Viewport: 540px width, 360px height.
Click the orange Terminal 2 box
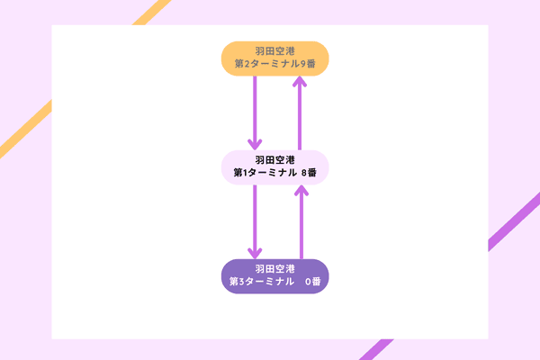pos(274,58)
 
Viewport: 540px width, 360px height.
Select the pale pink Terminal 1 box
pos(274,167)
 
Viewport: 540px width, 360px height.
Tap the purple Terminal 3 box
pos(274,275)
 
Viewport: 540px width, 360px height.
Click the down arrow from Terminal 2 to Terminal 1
pos(256,112)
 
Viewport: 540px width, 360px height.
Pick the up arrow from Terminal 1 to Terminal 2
pos(301,112)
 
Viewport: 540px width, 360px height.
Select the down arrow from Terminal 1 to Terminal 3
pos(256,221)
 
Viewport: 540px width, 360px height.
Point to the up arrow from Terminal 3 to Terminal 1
pos(301,221)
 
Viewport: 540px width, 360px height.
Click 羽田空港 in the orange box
pos(275,51)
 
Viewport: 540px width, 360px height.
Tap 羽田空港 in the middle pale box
pos(275,160)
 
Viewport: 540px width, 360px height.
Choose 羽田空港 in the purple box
pos(275,268)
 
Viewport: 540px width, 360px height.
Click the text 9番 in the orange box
pos(310,65)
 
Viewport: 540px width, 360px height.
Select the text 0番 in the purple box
pos(312,282)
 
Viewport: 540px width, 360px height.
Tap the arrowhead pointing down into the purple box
pos(256,253)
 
